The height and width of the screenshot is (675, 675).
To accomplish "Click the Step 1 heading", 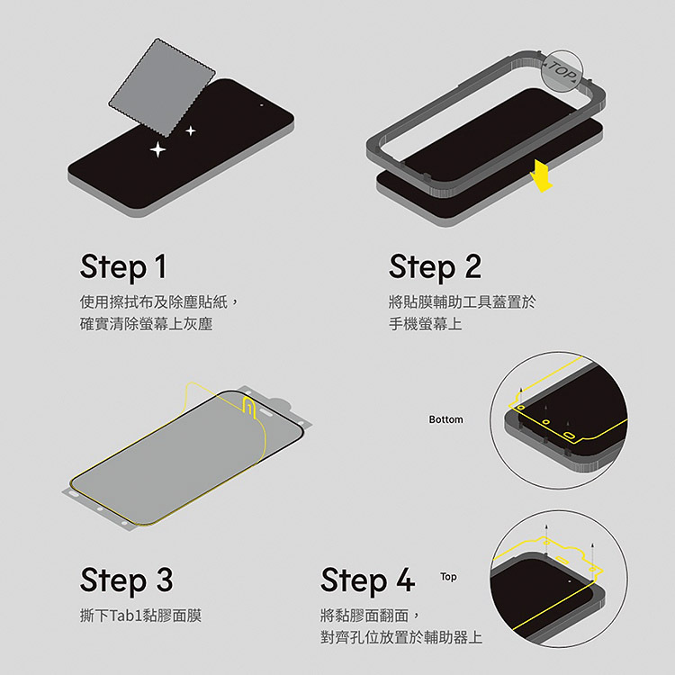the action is [x=123, y=268].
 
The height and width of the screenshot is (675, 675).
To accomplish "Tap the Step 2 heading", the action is [x=436, y=268].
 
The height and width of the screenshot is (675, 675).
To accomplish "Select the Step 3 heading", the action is [x=127, y=580].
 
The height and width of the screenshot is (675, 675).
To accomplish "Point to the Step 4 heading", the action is [x=368, y=580].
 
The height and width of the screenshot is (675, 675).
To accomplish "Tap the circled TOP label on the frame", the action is [x=562, y=71].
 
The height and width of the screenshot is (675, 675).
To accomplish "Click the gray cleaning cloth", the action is [x=161, y=87].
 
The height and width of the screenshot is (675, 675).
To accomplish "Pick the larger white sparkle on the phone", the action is [x=158, y=149].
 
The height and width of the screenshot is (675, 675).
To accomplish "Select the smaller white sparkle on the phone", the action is [x=191, y=130].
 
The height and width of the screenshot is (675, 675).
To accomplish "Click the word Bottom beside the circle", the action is [x=446, y=419].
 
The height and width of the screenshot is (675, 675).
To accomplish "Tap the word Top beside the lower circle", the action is [x=448, y=576].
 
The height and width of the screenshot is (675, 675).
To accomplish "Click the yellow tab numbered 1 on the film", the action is [x=249, y=407].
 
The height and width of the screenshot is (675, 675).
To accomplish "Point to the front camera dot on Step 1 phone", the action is [x=261, y=105].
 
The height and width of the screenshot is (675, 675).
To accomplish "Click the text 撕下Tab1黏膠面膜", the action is [x=140, y=616].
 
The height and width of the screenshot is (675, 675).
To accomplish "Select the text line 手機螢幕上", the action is [x=426, y=324].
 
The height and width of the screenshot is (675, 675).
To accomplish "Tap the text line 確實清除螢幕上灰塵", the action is [x=147, y=324].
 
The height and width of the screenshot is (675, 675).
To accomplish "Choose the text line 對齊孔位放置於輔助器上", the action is [x=401, y=637].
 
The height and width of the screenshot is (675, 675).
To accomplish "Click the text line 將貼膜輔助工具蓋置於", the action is [x=463, y=302].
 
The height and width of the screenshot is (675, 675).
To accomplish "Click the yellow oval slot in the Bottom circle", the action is [x=569, y=436].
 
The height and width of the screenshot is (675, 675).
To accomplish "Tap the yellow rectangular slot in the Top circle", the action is [x=562, y=560].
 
